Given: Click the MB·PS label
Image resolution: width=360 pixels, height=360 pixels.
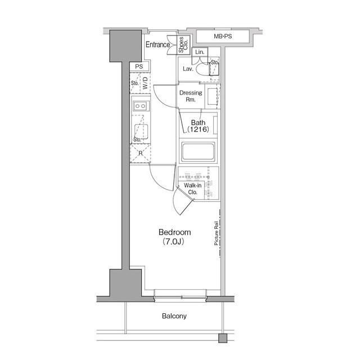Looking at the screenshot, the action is pos(223,36).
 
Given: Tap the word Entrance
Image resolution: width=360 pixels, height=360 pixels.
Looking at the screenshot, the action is pos(157,44).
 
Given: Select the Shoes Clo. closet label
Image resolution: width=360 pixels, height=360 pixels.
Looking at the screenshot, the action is pos(183,45).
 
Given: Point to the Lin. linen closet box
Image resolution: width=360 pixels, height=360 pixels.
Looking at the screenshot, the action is pos(200,52).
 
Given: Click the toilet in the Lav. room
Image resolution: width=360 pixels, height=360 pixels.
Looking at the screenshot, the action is pos(202,69).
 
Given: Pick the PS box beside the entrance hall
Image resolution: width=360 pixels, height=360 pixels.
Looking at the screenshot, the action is pos(139,66).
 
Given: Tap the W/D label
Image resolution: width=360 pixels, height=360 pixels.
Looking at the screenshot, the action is pos(145,83).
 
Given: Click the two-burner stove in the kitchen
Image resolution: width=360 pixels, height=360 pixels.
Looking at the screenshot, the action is pos(140,106).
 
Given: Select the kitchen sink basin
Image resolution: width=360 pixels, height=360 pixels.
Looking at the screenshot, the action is pos(141,131).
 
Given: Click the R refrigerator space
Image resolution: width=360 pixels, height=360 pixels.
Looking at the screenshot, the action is pos(140,154).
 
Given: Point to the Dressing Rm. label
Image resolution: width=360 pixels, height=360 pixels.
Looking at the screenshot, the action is pos(191,96).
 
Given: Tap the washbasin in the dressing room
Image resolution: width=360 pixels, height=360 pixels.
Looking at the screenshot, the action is pos(213,96).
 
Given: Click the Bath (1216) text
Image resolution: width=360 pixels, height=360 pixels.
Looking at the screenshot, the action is pos(198,126).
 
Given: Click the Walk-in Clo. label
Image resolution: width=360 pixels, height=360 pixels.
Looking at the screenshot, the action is pos(192,188).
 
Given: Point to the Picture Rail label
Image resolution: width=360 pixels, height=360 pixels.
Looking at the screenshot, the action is pos(216,233).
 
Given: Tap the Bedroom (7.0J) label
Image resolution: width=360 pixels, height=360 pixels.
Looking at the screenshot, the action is pos(174,237).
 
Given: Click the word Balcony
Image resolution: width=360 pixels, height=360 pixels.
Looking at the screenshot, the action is pos(174,316).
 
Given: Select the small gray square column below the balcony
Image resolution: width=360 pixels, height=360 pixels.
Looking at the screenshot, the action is pos(223,338).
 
